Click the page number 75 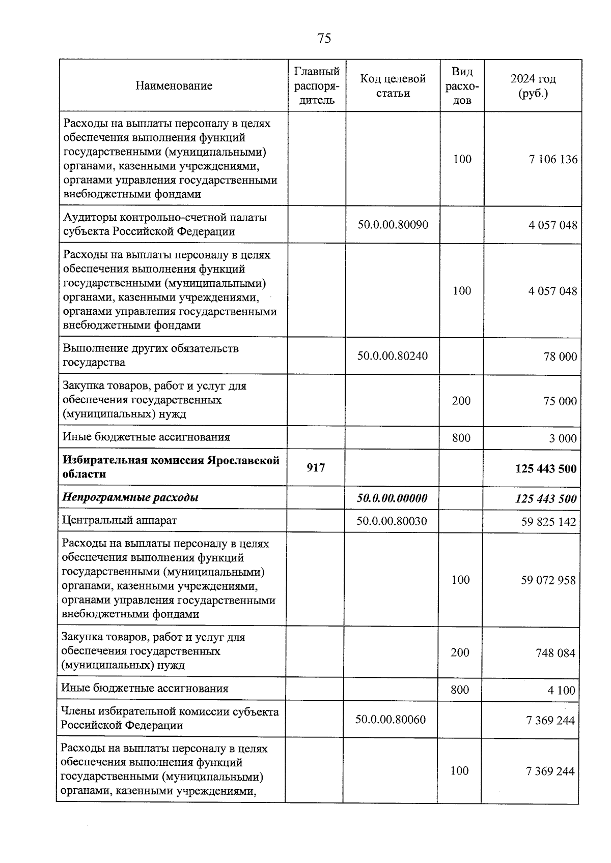tap(324, 39)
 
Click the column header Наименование tap(174, 85)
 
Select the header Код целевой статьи tap(393, 85)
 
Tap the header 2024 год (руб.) tap(533, 86)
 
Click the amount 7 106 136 tap(553, 159)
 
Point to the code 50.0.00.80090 tap(393, 224)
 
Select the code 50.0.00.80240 tap(392, 355)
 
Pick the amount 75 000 tap(560, 401)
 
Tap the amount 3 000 tap(563, 438)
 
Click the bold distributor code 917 tap(316, 467)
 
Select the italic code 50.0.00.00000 tap(392, 498)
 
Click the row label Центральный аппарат tap(120, 520)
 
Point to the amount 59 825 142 tap(548, 521)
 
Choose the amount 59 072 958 tap(548, 580)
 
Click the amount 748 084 tap(555, 652)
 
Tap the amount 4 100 tap(562, 690)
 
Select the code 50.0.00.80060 tap(391, 719)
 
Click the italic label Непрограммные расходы tap(130, 497)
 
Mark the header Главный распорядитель tap(317, 85)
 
